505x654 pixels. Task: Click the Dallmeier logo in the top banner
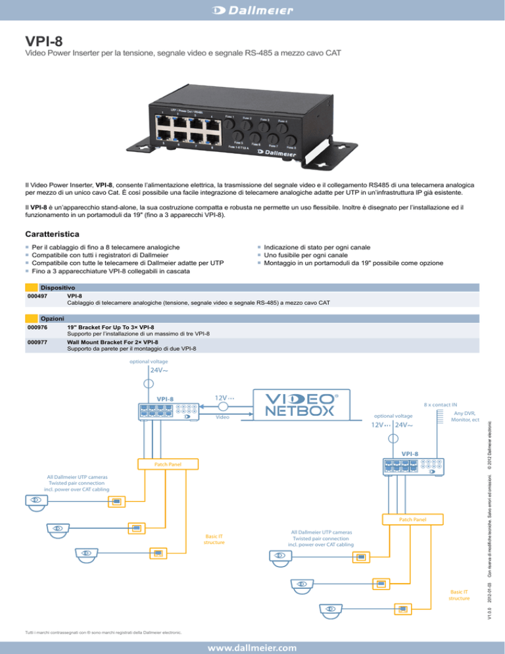pos(252,10)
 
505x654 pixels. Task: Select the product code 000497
pos(37,297)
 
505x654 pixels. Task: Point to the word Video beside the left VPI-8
pos(224,417)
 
